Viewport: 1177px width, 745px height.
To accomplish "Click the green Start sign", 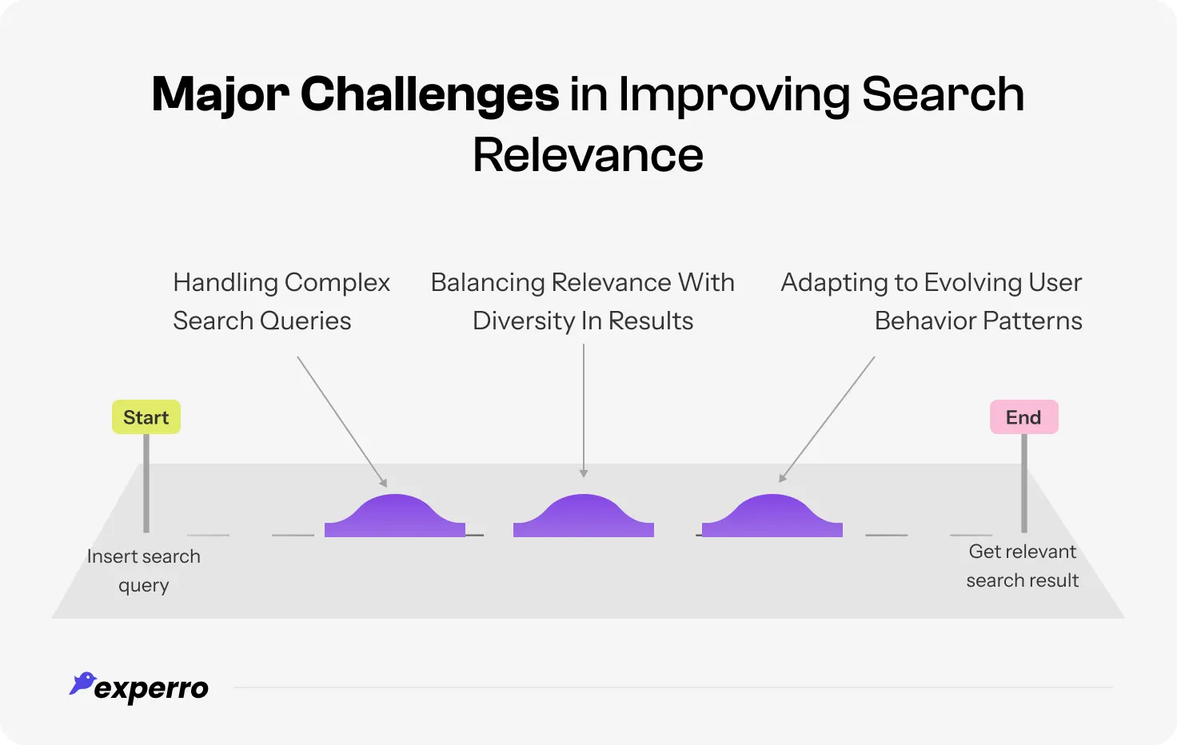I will tap(146, 417).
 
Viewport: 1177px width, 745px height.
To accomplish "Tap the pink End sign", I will tap(1023, 417).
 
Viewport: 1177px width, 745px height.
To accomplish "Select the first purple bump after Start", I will tap(395, 517).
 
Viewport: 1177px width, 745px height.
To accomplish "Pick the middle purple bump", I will tap(584, 517).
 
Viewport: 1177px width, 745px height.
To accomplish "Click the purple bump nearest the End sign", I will tap(772, 517).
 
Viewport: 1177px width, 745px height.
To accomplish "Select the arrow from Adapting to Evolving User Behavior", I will tap(827, 419).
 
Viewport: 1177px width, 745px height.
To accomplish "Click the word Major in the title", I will tap(221, 95).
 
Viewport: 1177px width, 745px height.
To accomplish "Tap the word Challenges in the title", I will tap(429, 95).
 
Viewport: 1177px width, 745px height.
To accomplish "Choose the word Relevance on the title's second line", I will tap(588, 155).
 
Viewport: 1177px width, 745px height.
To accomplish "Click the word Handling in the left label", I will tap(225, 283).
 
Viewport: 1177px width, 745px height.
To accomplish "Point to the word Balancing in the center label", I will tap(488, 283).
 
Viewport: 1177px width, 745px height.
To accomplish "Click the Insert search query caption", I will tap(144, 571).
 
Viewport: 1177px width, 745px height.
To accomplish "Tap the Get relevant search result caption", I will tap(1023, 566).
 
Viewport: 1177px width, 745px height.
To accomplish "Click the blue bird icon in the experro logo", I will tap(82, 683).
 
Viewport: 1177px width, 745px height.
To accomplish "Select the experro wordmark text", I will tap(152, 689).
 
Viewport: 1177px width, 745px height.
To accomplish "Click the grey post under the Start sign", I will tap(146, 483).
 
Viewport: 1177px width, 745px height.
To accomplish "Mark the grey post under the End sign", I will tap(1024, 483).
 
